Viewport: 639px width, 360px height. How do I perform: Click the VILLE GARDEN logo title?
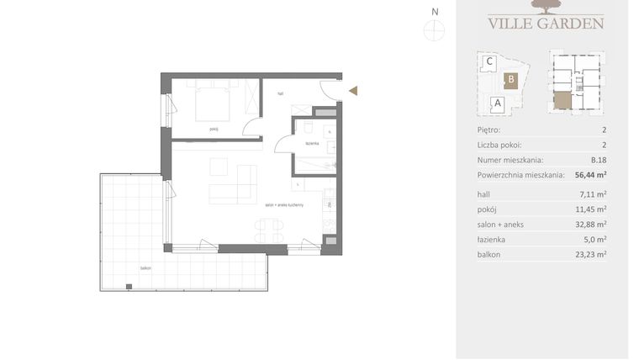546,23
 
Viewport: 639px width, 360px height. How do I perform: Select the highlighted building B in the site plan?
510,81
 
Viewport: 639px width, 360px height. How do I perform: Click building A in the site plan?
497,104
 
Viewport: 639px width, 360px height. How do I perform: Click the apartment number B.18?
598,160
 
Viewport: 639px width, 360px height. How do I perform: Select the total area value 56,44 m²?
590,175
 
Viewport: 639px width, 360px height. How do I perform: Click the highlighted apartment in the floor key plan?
562,103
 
